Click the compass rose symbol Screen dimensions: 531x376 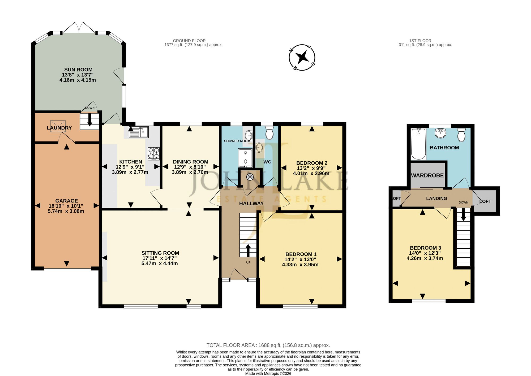302,57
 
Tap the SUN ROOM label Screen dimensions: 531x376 78,70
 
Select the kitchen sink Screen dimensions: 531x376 139,132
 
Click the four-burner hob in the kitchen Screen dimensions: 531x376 154,154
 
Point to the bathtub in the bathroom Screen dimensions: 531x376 418,144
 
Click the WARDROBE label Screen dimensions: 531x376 427,175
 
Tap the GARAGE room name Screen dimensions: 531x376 67,201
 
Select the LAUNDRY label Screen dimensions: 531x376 59,128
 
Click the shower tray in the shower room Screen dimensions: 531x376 245,158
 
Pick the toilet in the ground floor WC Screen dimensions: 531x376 269,133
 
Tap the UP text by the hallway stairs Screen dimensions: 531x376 248,262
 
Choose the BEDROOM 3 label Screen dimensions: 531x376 425,248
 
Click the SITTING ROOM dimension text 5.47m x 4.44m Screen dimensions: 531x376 160,263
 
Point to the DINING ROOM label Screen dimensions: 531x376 191,162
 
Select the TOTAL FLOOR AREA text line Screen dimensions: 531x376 268,345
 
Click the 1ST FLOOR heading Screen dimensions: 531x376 420,41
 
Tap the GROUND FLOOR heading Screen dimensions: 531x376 189,41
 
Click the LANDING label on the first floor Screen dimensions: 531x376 437,198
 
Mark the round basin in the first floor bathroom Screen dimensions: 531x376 441,133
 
